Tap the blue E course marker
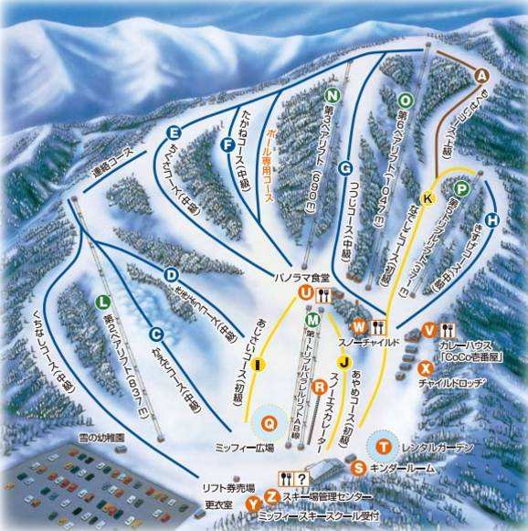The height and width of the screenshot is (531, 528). (x=173, y=131)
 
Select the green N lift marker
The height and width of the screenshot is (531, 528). (x=333, y=95)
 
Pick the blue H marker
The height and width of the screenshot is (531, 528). (x=492, y=220)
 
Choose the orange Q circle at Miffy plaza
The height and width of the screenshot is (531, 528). (x=269, y=422)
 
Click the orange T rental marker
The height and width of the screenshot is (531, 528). (x=385, y=447)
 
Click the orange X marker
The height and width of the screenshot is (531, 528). (x=425, y=367)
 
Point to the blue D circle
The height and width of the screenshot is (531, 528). (x=170, y=274)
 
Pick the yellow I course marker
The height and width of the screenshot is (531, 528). (x=259, y=366)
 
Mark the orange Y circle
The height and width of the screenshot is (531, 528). (x=253, y=503)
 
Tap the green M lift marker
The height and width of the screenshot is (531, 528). (x=313, y=320)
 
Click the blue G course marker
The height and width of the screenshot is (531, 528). (x=344, y=168)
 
